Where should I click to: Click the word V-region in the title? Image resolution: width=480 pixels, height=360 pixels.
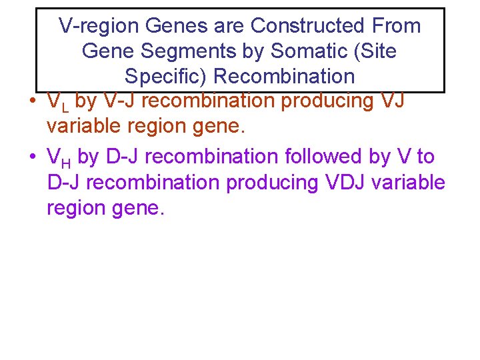pos(98,26)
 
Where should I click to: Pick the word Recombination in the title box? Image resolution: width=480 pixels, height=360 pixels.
pos(284,76)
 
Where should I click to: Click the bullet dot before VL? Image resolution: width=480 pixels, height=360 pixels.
pos(32,102)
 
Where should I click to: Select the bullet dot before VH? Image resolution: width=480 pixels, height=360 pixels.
pos(32,157)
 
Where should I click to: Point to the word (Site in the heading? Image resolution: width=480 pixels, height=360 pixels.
pos(373,51)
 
